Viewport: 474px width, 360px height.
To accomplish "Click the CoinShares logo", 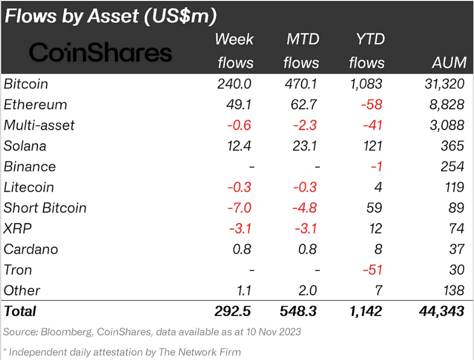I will [101, 52].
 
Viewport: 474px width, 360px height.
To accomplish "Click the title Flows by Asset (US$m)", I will [111, 16].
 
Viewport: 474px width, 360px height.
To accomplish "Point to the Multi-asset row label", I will [39, 125].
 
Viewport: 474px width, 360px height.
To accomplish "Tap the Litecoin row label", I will [29, 187].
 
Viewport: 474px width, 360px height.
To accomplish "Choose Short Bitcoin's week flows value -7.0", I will [238, 208].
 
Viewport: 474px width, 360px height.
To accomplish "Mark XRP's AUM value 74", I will [456, 229].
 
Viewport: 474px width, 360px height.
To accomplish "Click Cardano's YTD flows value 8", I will [378, 249].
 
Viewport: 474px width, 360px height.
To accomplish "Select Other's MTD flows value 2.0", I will [307, 290].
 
